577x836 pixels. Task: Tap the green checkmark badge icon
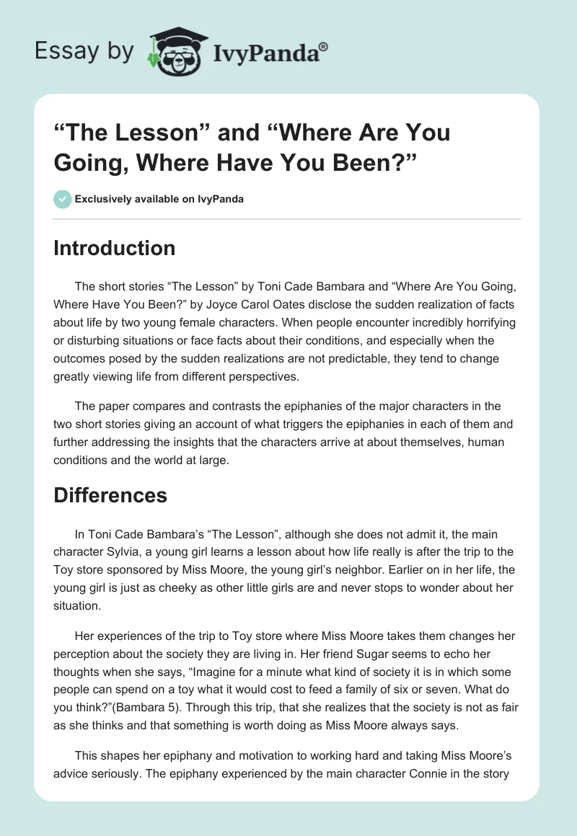(x=62, y=199)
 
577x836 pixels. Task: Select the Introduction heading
(x=114, y=248)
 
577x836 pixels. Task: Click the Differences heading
(x=110, y=495)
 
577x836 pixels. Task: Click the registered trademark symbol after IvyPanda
(x=324, y=45)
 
